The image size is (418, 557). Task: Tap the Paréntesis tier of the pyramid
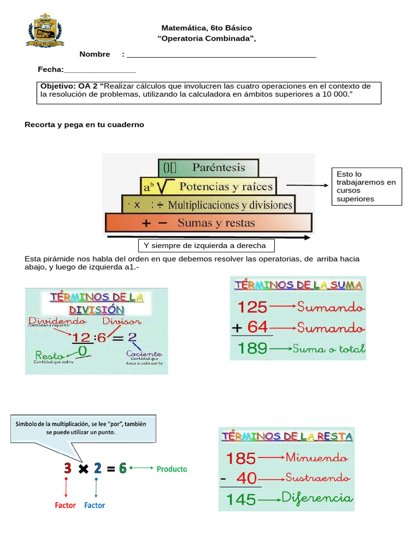coord(208,168)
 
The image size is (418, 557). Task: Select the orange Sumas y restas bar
coord(208,223)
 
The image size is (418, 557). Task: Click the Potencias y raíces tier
coord(208,187)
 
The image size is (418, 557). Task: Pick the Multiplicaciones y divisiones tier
coord(208,205)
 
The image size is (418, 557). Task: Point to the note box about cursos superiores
coord(366,187)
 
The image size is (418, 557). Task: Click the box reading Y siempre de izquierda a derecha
coord(206,245)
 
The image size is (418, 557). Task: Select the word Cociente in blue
coord(144,354)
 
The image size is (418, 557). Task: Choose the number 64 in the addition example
coord(257,327)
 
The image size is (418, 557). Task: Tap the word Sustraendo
coord(318,478)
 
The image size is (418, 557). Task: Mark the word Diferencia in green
coord(317,498)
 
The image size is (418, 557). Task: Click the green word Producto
coord(171,468)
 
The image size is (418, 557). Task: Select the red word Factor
coord(65,505)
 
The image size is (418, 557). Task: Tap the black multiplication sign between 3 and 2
coord(83,468)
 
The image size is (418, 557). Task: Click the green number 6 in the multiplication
coord(122,468)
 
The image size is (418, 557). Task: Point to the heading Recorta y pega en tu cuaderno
coord(84,125)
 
